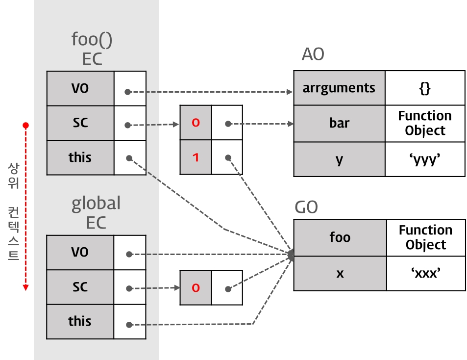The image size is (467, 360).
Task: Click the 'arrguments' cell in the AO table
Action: coord(339,88)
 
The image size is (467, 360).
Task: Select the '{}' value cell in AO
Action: coord(425,88)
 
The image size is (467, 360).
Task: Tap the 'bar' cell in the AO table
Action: coord(339,123)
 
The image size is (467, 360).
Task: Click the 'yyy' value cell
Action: coord(425,159)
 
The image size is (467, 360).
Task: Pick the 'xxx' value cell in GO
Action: coord(425,273)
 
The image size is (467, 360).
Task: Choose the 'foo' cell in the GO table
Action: coord(340,237)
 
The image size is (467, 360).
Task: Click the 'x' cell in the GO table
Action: coord(340,273)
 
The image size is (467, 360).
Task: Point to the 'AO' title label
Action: coord(313,54)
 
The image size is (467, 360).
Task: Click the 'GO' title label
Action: coord(306,207)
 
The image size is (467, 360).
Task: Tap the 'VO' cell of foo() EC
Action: coord(80,88)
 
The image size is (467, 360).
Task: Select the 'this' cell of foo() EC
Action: coord(80,157)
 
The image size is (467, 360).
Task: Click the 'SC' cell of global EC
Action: coord(80,287)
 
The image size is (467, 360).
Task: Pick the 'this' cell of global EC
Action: coord(80,321)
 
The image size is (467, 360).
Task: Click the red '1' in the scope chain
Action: coord(196,157)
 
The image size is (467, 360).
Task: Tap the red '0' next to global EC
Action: coord(196,288)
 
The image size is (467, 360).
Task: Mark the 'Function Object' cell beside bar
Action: coord(425,123)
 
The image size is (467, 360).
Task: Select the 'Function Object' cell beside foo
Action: coord(425,237)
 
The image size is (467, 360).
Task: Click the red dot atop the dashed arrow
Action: coord(26,126)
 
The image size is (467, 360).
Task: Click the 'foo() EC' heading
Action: coord(92,49)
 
